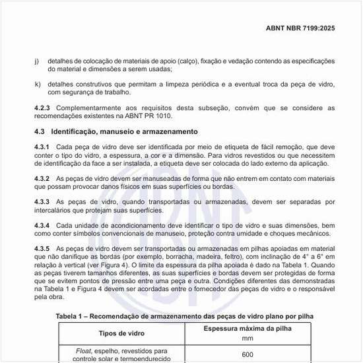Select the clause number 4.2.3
pos(43,107)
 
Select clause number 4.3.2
pos(43,179)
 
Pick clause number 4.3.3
pos(43,201)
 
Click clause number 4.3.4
pos(43,225)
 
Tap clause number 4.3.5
pos(43,247)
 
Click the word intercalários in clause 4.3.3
pos(56,210)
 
